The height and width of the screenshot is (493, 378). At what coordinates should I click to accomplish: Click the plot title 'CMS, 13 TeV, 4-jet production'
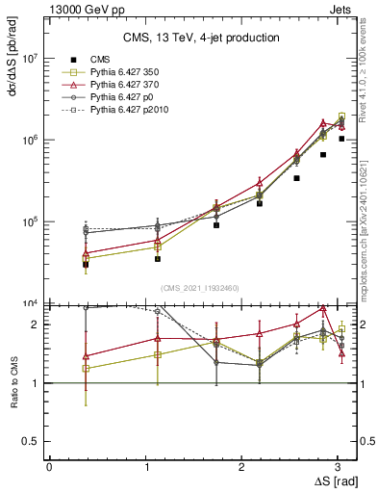[201, 38]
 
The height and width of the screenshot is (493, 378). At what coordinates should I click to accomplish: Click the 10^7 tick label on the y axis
[29, 59]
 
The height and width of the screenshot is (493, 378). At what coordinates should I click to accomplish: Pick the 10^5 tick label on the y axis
[29, 222]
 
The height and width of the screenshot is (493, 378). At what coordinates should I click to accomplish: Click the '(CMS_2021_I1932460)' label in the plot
[201, 288]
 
